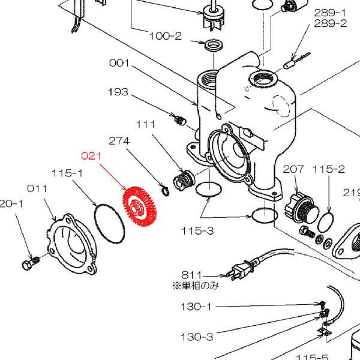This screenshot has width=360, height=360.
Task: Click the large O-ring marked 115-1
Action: click(110, 223)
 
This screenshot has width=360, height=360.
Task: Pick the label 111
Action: click(145, 124)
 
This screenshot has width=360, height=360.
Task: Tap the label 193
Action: click(119, 92)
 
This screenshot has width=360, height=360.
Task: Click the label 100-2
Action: click(165, 35)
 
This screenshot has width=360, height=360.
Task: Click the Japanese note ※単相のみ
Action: click(196, 286)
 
